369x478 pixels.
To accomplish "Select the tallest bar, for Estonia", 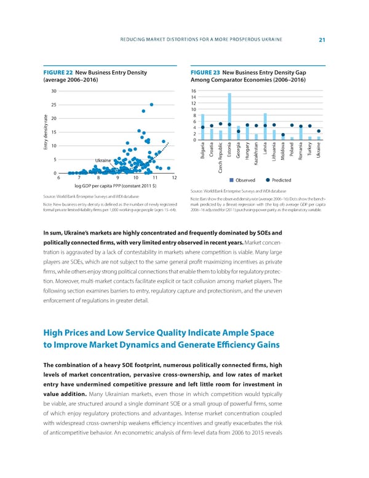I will [x=229, y=116].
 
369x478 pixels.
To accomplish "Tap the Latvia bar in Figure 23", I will [x=265, y=126].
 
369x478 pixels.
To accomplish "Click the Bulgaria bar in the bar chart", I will [x=202, y=127].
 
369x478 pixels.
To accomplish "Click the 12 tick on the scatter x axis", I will [x=173, y=178].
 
